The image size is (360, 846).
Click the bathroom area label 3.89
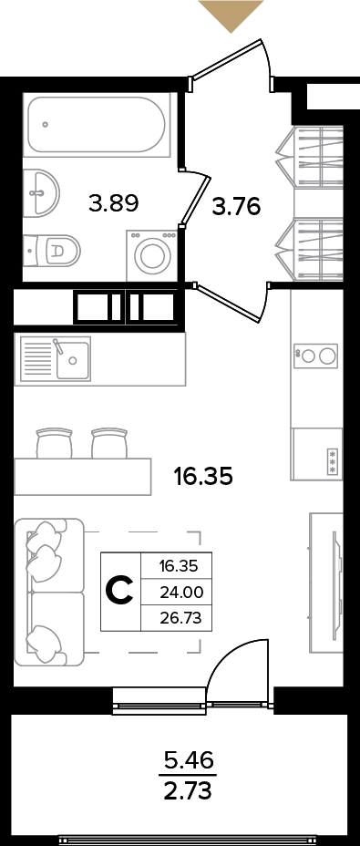[x=115, y=204]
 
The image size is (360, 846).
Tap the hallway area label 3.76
[x=236, y=206]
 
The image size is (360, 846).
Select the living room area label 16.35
[x=203, y=476]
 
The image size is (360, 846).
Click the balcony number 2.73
[x=190, y=791]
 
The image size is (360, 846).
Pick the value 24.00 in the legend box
[x=181, y=593]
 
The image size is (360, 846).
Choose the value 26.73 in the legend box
[x=181, y=618]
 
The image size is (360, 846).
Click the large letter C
[x=118, y=592]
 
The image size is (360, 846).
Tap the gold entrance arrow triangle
[x=231, y=15]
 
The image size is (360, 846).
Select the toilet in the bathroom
[x=53, y=249]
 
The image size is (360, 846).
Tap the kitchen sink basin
[x=74, y=359]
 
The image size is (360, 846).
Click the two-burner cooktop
[x=315, y=355]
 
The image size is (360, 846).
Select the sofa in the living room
[x=49, y=592]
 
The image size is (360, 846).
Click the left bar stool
[x=54, y=443]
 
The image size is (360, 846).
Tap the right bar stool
[x=109, y=443]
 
